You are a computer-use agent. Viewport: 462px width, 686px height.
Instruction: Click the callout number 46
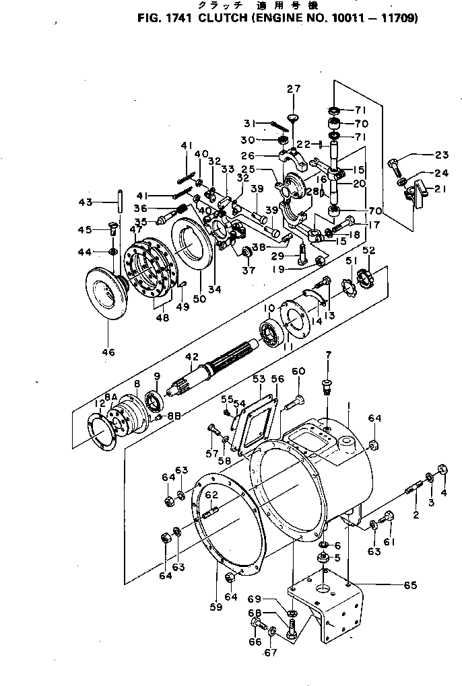pyautogui.click(x=108, y=352)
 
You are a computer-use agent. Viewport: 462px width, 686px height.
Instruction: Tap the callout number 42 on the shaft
pyautogui.click(x=192, y=356)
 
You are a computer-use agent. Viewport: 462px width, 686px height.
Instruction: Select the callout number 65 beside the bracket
pyautogui.click(x=409, y=585)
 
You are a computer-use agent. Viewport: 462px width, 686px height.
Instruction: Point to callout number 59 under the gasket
pyautogui.click(x=215, y=608)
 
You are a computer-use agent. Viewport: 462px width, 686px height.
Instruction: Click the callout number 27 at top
pyautogui.click(x=294, y=89)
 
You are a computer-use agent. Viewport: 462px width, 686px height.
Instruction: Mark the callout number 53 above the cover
pyautogui.click(x=259, y=379)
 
